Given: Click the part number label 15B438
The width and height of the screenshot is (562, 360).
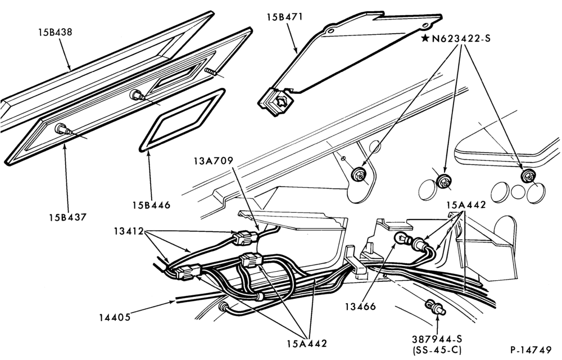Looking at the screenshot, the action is pyautogui.click(x=55, y=32).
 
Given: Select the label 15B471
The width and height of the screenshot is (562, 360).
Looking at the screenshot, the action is pyautogui.click(x=284, y=17).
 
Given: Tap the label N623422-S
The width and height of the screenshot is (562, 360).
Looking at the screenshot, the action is pyautogui.click(x=461, y=38).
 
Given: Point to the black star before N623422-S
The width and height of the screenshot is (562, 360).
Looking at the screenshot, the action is pyautogui.click(x=425, y=38).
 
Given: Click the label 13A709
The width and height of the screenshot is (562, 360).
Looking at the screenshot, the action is pyautogui.click(x=214, y=160).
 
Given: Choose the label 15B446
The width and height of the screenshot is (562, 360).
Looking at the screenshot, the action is pyautogui.click(x=151, y=205).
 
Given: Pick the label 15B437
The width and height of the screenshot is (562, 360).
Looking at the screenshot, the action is pyautogui.click(x=68, y=217).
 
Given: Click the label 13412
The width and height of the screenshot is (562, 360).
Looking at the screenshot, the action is pyautogui.click(x=129, y=231).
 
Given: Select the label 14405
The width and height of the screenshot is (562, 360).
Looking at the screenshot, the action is pyautogui.click(x=115, y=317).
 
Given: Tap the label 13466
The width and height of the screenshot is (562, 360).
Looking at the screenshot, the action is pyautogui.click(x=361, y=306).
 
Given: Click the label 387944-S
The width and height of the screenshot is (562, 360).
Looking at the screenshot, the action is pyautogui.click(x=437, y=339).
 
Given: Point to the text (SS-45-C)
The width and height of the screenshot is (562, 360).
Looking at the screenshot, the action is pyautogui.click(x=437, y=350).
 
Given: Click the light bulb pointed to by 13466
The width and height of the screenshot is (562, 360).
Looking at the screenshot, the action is pyautogui.click(x=401, y=238).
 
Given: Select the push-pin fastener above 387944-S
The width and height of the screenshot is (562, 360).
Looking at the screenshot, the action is pyautogui.click(x=436, y=308).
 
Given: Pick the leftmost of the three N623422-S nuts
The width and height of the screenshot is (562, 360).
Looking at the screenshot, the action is pyautogui.click(x=359, y=175).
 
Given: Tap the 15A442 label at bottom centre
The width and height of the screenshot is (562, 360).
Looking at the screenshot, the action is pyautogui.click(x=307, y=344).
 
